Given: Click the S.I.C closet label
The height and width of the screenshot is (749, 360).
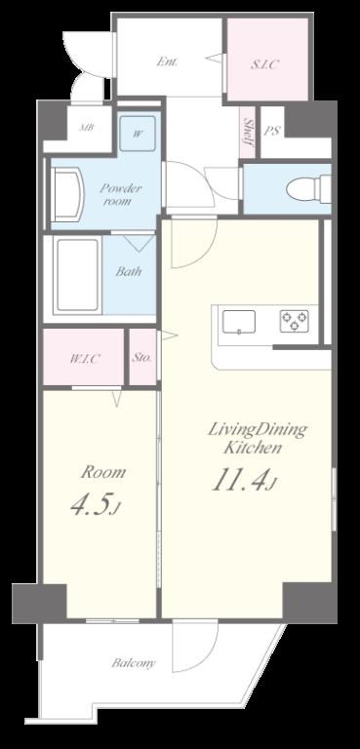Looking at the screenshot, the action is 264,65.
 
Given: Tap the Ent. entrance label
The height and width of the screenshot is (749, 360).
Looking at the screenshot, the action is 168,61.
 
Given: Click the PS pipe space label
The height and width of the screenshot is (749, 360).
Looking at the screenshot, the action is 272,132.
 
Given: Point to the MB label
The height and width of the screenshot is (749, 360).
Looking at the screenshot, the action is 87,128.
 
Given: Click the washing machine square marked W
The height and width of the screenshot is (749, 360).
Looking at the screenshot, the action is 138,134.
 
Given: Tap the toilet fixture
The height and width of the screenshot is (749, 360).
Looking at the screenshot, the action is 309,189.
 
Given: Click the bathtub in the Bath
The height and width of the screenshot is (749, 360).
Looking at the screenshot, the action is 78,276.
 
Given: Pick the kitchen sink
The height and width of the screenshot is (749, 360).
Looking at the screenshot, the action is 239,322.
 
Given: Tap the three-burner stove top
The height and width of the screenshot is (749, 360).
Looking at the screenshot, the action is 294,321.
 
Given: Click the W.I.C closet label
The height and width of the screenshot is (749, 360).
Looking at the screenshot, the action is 85,359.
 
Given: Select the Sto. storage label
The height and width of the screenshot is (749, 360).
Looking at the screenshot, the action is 142,357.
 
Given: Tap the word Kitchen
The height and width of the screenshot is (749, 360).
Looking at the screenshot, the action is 253,449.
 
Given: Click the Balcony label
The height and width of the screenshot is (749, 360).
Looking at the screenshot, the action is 134,663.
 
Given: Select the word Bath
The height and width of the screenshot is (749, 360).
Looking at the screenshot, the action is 129,271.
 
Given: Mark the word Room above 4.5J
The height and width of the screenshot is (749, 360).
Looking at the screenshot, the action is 103,472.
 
